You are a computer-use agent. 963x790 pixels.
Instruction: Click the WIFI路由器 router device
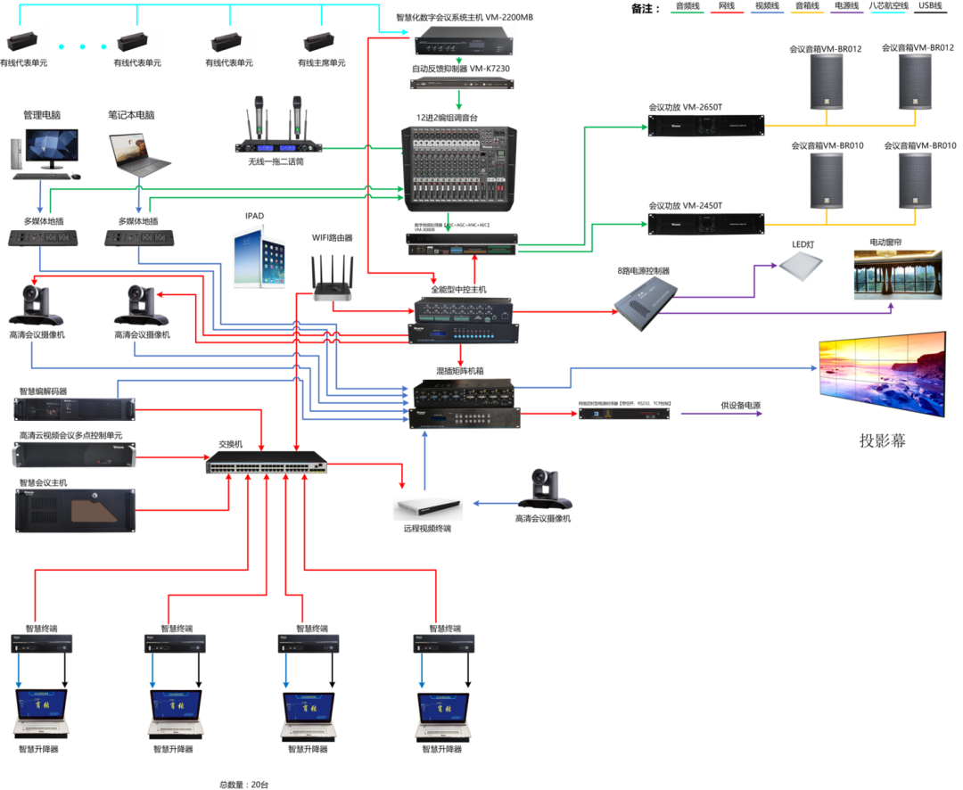coord(332,277)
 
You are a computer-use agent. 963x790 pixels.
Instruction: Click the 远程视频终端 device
coord(428,507)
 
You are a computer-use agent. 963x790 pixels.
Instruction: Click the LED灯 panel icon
coord(800,265)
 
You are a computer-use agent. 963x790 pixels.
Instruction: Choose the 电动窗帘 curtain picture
coord(897,275)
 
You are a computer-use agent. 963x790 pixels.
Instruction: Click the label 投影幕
coord(882,440)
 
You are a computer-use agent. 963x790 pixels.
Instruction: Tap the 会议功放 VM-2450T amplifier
coord(705,224)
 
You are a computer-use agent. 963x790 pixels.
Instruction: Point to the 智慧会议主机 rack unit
coord(75,511)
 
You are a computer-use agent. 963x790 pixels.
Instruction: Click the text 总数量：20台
coord(244,785)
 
